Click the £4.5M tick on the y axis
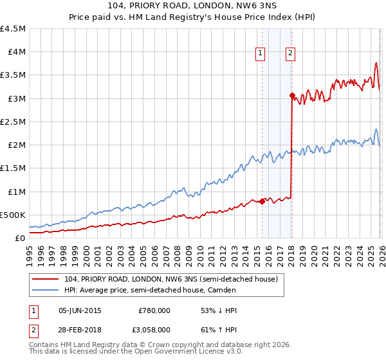click(x=14, y=29)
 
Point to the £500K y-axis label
click(x=14, y=215)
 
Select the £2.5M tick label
click(x=14, y=122)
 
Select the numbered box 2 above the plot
click(x=291, y=54)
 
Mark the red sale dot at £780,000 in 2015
click(x=262, y=201)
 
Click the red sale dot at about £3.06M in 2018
click(x=292, y=96)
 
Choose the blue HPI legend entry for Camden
click(x=149, y=290)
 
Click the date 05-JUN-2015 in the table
click(x=80, y=310)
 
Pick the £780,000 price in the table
click(x=154, y=310)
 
